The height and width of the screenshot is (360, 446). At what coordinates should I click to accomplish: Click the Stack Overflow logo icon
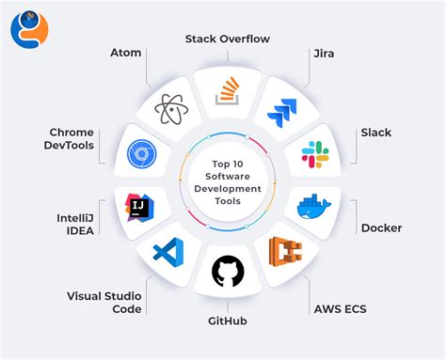[x=227, y=92]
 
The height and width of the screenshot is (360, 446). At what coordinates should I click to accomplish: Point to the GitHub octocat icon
[x=226, y=272]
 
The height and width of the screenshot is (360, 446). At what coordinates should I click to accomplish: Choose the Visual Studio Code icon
[x=167, y=253]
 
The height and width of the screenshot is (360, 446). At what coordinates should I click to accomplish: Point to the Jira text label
[x=326, y=54]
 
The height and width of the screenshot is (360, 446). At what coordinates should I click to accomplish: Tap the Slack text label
[x=375, y=133]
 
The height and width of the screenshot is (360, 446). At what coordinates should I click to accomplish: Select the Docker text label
[x=381, y=227]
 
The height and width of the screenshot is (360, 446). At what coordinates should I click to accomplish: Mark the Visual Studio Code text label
[x=104, y=302]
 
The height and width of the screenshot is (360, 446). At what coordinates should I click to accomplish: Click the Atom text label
[x=125, y=53]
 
